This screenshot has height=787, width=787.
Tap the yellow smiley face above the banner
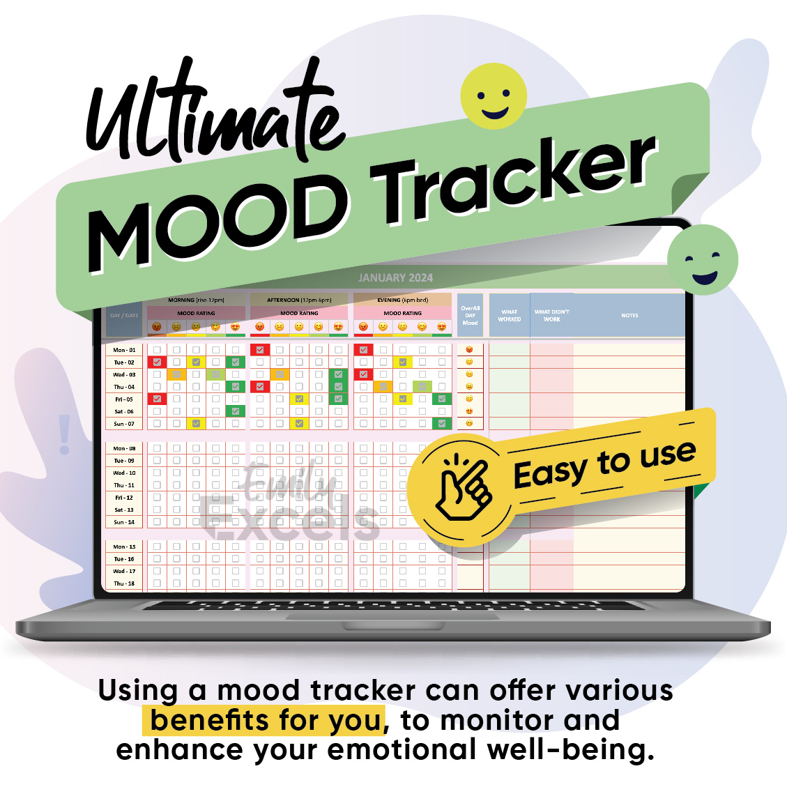pyautogui.click(x=495, y=96)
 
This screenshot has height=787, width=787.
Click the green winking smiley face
pyautogui.click(x=702, y=259)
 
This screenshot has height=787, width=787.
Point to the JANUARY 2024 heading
pyautogui.click(x=395, y=277)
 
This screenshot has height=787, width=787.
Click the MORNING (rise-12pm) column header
pyautogui.click(x=196, y=300)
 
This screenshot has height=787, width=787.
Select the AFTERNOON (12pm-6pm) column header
pyautogui.click(x=299, y=300)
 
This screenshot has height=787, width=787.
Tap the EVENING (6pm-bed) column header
pyautogui.click(x=402, y=300)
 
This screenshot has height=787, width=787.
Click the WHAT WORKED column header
pyautogui.click(x=509, y=316)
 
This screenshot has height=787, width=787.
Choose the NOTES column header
pyautogui.click(x=629, y=316)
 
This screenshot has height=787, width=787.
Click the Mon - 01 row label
pyautogui.click(x=124, y=350)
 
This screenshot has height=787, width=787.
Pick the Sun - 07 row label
pyautogui.click(x=124, y=424)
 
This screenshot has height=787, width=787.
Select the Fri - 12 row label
pyautogui.click(x=124, y=498)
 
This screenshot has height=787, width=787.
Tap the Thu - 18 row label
pyautogui.click(x=124, y=583)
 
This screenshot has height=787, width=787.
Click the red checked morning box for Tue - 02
pyautogui.click(x=157, y=362)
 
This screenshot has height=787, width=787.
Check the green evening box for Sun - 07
pyautogui.click(x=441, y=424)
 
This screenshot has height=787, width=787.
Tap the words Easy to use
pyautogui.click(x=604, y=463)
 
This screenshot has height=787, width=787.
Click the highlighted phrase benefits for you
pyautogui.click(x=266, y=720)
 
